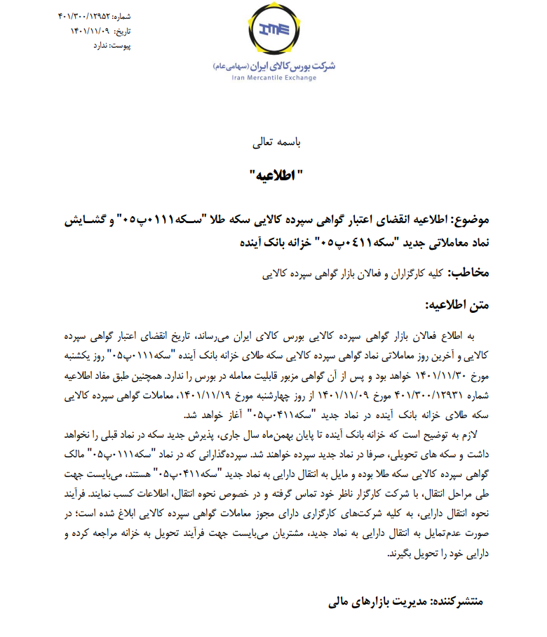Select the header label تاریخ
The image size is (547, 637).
click(x=122, y=30)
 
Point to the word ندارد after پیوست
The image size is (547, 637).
click(x=102, y=45)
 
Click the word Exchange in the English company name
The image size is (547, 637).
click(x=304, y=77)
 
